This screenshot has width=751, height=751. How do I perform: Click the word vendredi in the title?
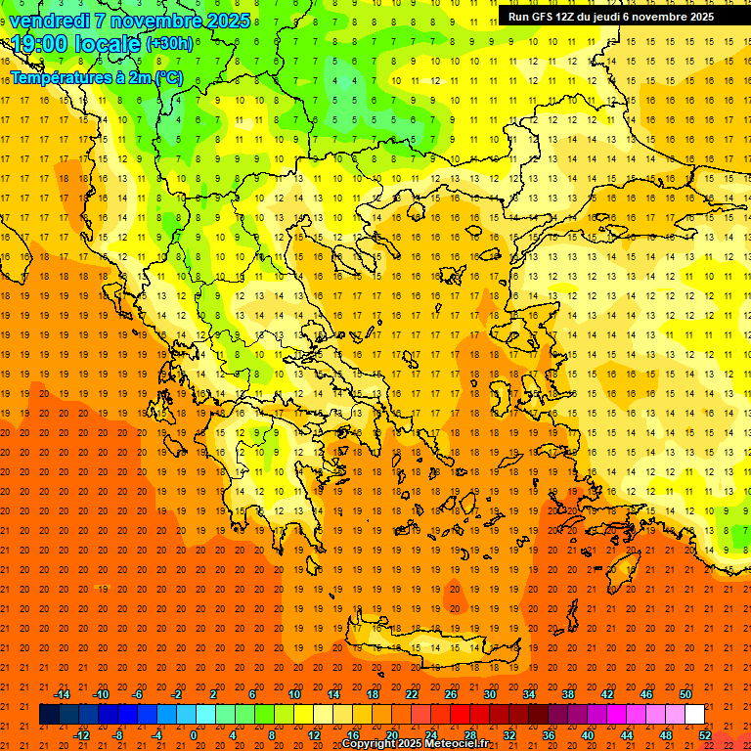(x=48, y=21)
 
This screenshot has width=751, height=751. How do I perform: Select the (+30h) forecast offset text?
(x=169, y=44)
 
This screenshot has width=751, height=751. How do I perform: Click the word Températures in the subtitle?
(x=58, y=76)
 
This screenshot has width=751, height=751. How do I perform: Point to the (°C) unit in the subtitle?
(x=167, y=76)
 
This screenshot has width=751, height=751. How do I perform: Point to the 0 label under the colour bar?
(x=194, y=735)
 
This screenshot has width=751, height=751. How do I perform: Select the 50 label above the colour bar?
(x=685, y=694)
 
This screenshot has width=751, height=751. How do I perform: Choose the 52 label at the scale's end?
(x=705, y=735)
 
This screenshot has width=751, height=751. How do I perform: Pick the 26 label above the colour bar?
(x=451, y=694)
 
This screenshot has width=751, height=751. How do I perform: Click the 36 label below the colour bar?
(x=549, y=735)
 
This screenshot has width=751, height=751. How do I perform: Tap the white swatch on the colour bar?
(x=694, y=715)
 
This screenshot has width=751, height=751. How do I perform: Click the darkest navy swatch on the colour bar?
(x=49, y=715)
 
